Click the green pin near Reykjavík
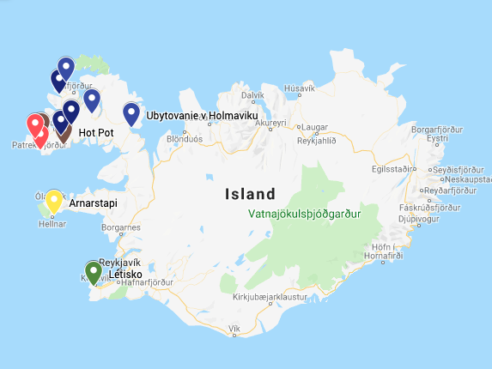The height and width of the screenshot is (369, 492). pyautogui.click(x=94, y=271)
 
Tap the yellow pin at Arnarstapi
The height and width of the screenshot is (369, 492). pyautogui.click(x=53, y=201)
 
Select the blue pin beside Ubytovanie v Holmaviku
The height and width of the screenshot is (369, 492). pyautogui.click(x=131, y=113)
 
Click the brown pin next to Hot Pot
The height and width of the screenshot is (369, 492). pyautogui.click(x=63, y=130)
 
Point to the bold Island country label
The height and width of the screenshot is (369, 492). pyautogui.click(x=251, y=194)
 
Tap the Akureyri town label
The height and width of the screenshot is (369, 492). pyautogui.click(x=269, y=124)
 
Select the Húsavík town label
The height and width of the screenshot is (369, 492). pyautogui.click(x=299, y=88)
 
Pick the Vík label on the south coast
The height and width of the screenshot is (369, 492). pyautogui.click(x=234, y=330)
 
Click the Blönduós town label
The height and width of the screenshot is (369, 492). pyautogui.click(x=184, y=138)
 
